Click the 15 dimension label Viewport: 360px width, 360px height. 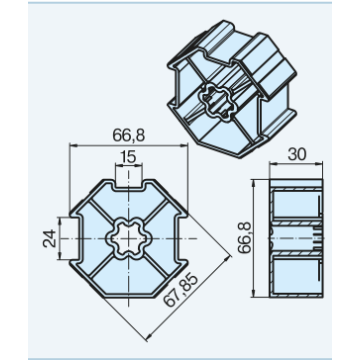click(128, 156)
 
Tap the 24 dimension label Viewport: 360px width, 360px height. click(49, 238)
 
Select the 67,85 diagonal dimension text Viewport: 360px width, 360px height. click(181, 290)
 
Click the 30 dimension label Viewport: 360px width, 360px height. click(296, 154)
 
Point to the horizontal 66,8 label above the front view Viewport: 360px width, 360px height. click(128, 136)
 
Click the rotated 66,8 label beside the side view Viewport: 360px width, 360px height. click(246, 238)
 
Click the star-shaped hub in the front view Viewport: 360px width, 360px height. click(128, 239)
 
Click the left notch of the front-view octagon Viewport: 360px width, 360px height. click(76, 239)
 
